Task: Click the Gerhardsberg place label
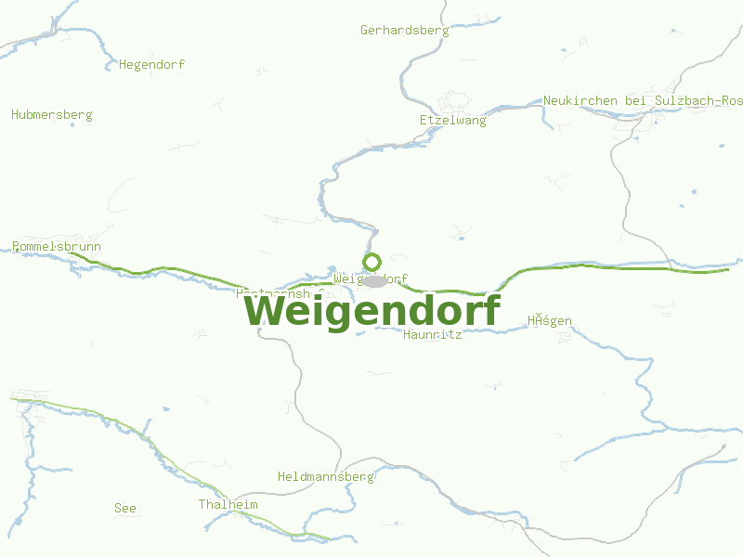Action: coord(404,30)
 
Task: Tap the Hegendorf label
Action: coord(151,64)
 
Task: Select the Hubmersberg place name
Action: coord(52,114)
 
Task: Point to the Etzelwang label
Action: coord(452,120)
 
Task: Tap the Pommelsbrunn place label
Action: coord(57,246)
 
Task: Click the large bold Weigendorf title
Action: coord(372,311)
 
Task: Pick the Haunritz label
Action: coord(433,334)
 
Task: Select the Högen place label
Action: coord(550,321)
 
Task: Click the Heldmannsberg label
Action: coord(325,476)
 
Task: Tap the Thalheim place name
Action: coord(228,504)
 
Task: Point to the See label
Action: coord(124,508)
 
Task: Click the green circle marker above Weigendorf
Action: coord(372,262)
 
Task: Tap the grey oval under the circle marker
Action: coord(374,280)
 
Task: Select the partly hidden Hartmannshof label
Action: coord(279,291)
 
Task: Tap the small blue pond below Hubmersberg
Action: coord(72,124)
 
